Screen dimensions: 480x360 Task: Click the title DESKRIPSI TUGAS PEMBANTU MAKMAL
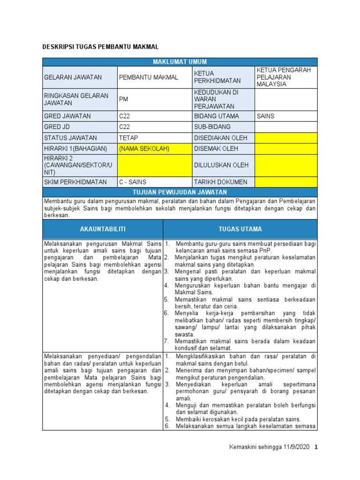pyautogui.click(x=101, y=47)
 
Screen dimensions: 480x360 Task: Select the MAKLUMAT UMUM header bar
pyautogui.click(x=180, y=62)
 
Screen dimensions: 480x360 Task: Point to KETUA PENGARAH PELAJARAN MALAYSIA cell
pyautogui.click(x=285, y=77)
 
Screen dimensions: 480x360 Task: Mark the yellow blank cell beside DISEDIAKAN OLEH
pyautogui.click(x=285, y=138)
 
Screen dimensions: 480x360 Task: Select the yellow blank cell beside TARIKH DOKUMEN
pyautogui.click(x=285, y=182)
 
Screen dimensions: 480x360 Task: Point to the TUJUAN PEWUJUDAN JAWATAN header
pyautogui.click(x=180, y=192)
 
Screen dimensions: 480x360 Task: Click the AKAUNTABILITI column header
pyautogui.click(x=103, y=229)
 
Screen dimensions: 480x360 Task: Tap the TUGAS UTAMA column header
pyautogui.click(x=240, y=229)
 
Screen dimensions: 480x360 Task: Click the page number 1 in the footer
pyautogui.click(x=316, y=447)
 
